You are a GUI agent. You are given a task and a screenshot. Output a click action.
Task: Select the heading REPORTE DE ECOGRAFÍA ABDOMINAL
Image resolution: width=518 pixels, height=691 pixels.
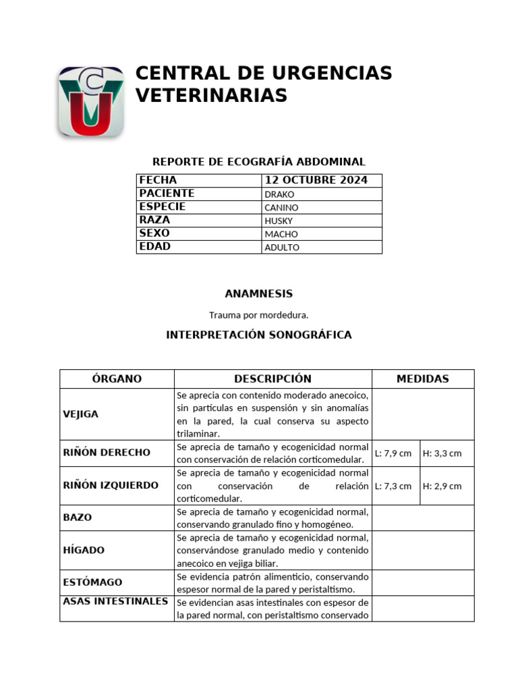[x=259, y=162]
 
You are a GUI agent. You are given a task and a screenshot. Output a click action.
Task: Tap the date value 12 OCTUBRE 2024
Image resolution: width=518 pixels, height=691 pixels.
[x=316, y=180]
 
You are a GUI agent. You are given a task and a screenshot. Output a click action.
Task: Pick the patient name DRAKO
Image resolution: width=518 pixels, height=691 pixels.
[x=280, y=194]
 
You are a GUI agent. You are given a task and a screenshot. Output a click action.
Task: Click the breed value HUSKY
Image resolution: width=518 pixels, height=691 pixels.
[x=279, y=221]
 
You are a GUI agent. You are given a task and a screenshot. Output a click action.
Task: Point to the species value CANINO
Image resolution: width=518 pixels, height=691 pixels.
[x=282, y=208]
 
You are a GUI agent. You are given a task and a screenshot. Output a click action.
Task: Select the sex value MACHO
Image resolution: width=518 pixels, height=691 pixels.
[x=281, y=234]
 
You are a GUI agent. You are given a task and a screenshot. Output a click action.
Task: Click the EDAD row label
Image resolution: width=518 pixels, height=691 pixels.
[x=154, y=247]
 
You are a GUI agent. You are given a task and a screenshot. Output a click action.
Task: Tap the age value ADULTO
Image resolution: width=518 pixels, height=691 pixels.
[x=282, y=248]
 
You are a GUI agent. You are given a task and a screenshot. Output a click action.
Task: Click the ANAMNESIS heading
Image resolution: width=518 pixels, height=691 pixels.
[x=259, y=294]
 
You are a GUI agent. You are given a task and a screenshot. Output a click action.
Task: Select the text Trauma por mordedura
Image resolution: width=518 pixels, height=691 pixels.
[x=259, y=314]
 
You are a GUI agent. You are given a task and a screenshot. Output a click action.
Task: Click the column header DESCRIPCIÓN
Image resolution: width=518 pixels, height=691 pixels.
[x=272, y=379]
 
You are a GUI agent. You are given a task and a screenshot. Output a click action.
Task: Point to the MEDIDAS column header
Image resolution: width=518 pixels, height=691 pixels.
[x=422, y=379]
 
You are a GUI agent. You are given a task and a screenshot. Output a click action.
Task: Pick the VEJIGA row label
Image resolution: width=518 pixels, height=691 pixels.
[x=81, y=414]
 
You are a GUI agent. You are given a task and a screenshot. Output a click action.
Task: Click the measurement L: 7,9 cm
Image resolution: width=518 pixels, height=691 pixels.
[x=393, y=453]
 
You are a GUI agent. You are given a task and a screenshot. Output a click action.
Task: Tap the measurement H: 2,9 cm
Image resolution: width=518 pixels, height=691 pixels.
[x=442, y=486]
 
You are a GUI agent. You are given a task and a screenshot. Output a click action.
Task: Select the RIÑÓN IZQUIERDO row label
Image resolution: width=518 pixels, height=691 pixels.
[x=111, y=485]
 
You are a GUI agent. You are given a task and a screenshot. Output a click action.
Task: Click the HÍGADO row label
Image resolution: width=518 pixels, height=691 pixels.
[x=84, y=551]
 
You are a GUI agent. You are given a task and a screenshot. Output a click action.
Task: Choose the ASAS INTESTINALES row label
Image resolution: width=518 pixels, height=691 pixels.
[x=115, y=601]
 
